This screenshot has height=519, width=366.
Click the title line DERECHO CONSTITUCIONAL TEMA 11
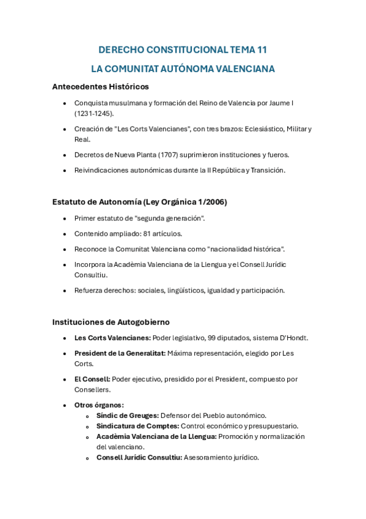[x=183, y=50]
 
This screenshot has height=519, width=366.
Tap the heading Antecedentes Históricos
[x=100, y=86]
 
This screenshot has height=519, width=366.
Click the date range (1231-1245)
[x=94, y=113]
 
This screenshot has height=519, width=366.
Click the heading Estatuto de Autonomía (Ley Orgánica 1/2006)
[x=139, y=202]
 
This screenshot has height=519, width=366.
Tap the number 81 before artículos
[x=147, y=233]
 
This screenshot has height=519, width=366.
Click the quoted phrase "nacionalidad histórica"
[x=246, y=248]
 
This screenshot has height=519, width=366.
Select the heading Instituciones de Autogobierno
[x=111, y=321]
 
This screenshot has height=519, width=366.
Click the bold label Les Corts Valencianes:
[x=112, y=337]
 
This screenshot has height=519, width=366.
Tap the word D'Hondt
[x=293, y=337]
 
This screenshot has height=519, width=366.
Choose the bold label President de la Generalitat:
[x=120, y=353]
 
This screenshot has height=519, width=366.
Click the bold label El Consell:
[x=92, y=379]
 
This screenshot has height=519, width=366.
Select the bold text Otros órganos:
[x=99, y=405]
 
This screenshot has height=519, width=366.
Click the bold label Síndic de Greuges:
[x=127, y=416]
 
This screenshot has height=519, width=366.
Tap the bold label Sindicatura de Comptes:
[x=137, y=426]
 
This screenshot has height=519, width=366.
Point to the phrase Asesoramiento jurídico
[x=221, y=457]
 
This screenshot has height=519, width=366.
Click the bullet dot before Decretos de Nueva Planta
[x=65, y=155]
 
